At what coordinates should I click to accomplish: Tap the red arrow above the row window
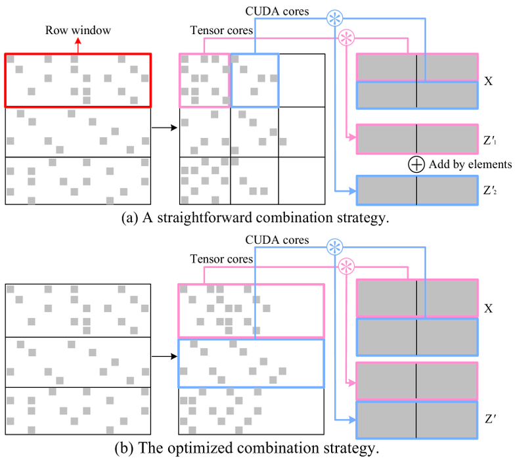tap(78, 44)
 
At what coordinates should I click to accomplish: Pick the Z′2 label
tap(491, 191)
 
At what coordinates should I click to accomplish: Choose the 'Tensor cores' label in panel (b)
tap(222, 260)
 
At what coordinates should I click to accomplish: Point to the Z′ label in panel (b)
tap(489, 417)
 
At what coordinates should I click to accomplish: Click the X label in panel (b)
tap(488, 308)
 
